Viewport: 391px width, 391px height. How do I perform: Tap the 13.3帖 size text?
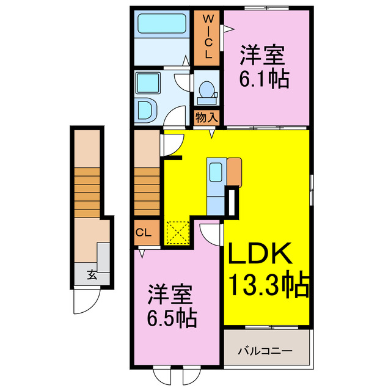point(267,285)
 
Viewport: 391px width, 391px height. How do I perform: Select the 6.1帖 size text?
point(263,79)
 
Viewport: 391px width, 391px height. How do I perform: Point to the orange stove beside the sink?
point(235,171)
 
